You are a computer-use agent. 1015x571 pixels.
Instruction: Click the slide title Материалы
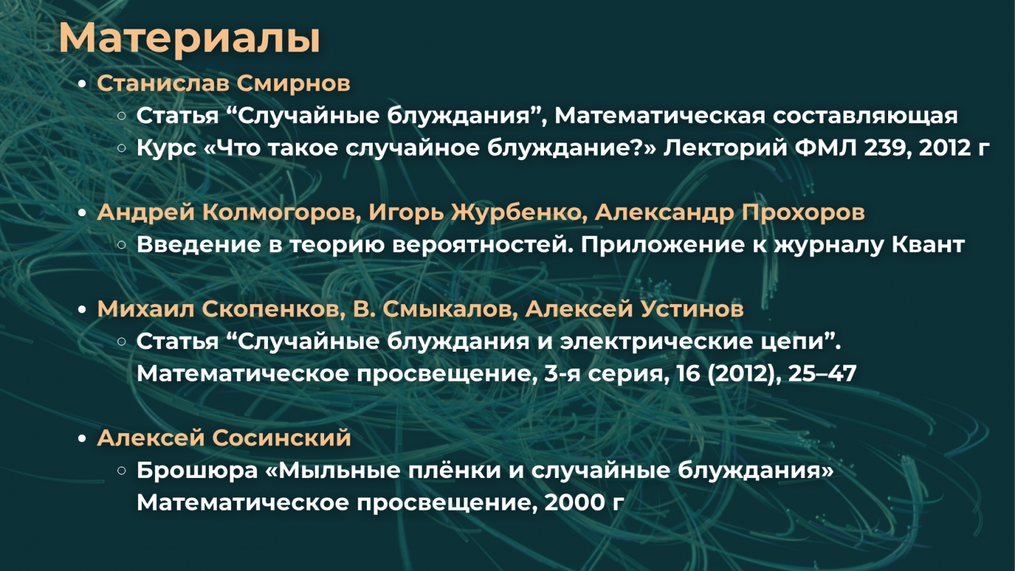(x=189, y=38)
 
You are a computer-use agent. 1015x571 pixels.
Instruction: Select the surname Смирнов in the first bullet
(x=293, y=83)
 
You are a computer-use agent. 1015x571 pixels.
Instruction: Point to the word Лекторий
(x=725, y=148)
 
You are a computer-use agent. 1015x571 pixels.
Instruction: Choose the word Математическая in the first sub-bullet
(x=660, y=116)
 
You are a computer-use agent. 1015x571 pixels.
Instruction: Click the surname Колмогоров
(x=281, y=212)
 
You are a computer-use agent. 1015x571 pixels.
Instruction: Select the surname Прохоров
(x=803, y=212)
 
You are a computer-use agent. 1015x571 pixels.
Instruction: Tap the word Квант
(x=928, y=245)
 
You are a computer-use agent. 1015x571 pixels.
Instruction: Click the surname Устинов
(x=689, y=309)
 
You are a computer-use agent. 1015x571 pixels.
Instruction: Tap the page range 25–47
(x=822, y=374)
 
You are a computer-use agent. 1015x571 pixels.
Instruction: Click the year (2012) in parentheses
(x=744, y=374)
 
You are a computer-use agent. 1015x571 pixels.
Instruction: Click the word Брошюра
(x=197, y=470)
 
